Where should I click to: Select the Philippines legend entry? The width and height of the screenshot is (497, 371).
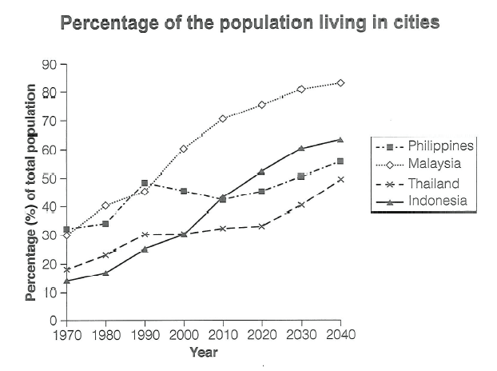point(440,146)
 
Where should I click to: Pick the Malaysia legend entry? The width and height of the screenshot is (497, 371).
point(435,164)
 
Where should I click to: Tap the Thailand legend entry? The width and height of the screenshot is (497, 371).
point(436,182)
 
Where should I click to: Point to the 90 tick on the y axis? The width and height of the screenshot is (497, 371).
point(50,64)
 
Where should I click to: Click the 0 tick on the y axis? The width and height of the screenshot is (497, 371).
point(53,321)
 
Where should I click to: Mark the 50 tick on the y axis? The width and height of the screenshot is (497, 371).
point(50,178)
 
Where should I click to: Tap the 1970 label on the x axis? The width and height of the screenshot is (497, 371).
point(66,335)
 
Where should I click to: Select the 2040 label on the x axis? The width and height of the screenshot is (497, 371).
point(340,335)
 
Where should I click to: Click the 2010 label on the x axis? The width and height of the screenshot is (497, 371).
point(223,335)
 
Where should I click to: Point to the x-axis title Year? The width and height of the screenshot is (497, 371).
point(203,351)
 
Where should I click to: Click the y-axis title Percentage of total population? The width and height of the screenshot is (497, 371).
point(31,193)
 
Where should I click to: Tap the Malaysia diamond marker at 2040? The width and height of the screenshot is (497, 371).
point(340,82)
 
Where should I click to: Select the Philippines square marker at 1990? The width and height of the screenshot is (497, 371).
point(145,183)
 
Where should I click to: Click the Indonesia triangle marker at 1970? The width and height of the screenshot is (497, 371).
point(66,281)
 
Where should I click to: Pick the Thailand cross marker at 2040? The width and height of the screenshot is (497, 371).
point(340,179)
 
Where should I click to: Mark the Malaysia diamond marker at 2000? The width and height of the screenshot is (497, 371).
point(184,149)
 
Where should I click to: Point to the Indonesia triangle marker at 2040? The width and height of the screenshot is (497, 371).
point(340,140)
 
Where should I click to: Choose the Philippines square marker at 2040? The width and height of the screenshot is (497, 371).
point(340,161)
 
